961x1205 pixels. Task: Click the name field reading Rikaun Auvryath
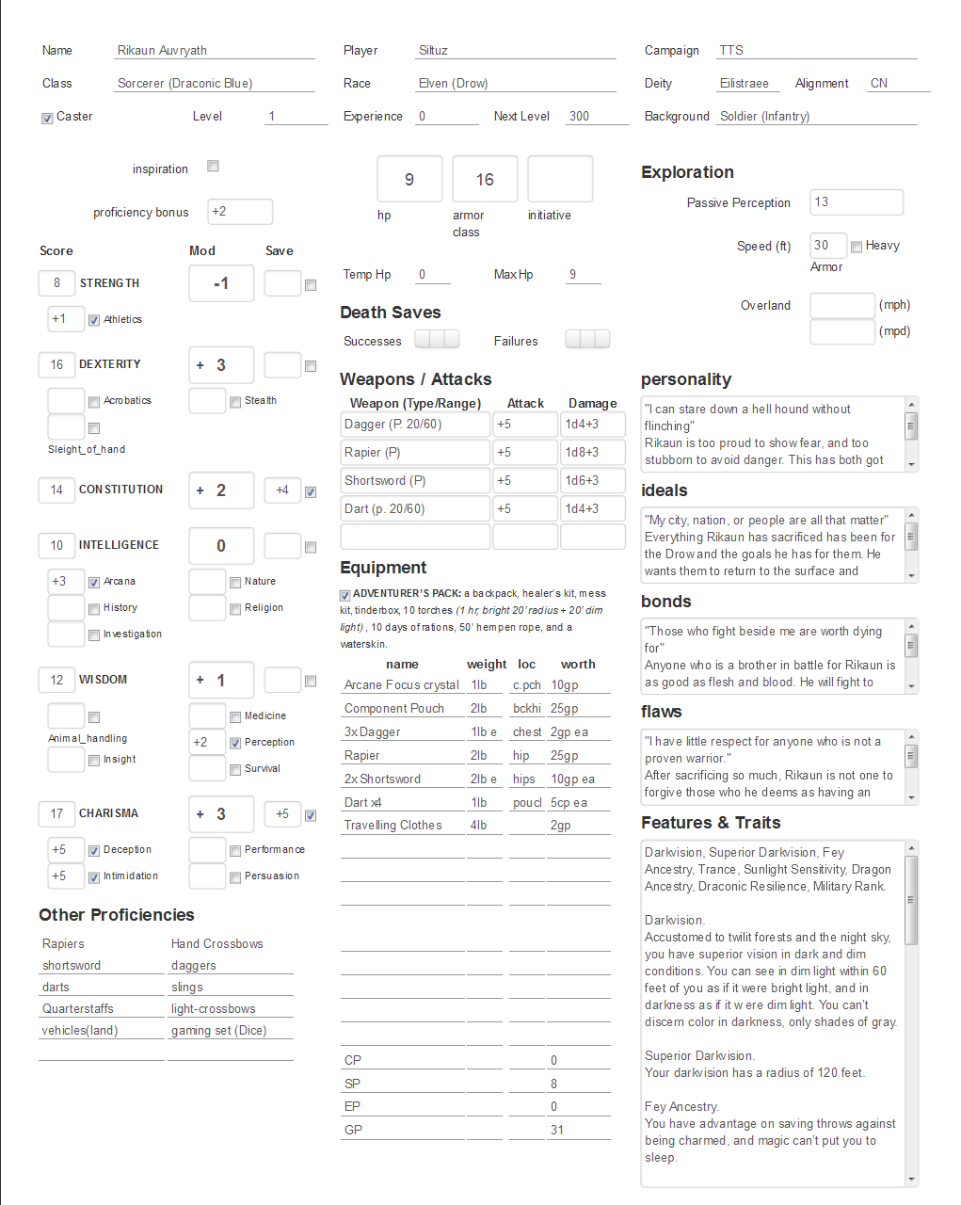[x=214, y=51]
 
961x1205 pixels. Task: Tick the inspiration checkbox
[x=214, y=167]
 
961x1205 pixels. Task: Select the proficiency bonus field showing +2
[x=240, y=212]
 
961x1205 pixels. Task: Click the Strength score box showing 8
[x=56, y=283]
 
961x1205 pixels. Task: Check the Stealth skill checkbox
[x=235, y=402]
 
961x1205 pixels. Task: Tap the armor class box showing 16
[x=485, y=179]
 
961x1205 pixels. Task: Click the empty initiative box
[x=560, y=179]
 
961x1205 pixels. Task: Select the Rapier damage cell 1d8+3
[x=593, y=453]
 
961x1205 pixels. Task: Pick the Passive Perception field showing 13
[x=857, y=202]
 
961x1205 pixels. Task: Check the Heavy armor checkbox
[x=857, y=247]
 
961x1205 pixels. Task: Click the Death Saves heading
[x=390, y=313]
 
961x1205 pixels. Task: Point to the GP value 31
[x=578, y=1130]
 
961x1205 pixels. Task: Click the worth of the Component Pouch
[x=578, y=709]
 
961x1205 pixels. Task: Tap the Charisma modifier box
[x=221, y=814]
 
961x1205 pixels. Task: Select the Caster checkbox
[x=47, y=119]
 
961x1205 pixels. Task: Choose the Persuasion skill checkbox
[x=235, y=877]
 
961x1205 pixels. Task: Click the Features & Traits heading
[x=711, y=823]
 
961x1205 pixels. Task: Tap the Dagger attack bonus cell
[x=524, y=425]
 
